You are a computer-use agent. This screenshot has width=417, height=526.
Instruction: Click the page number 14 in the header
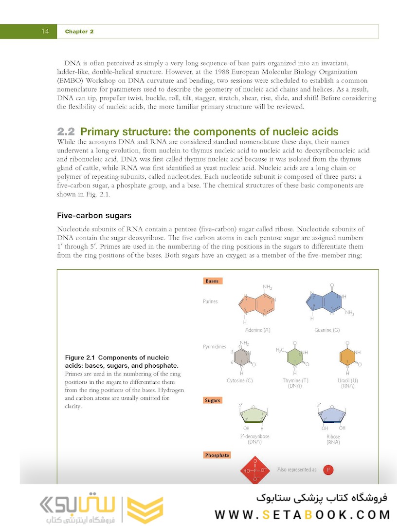point(45,32)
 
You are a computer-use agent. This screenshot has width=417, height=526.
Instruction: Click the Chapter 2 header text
point(79,32)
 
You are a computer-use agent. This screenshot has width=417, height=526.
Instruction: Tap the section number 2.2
point(66,132)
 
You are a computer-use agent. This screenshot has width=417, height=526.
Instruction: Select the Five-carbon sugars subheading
point(94,215)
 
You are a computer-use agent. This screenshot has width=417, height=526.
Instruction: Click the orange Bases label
point(212,281)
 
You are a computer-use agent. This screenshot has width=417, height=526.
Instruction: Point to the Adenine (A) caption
point(257,330)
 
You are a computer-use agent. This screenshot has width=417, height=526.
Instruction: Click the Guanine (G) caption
point(326,330)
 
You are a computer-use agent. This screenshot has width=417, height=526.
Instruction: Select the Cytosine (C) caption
point(239,380)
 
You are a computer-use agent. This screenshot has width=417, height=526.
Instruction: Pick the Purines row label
point(210,301)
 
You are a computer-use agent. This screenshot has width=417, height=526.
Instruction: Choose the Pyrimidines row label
point(215,347)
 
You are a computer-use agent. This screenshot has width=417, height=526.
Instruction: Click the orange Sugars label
point(213,400)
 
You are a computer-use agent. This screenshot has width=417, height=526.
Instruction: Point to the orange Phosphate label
point(217,455)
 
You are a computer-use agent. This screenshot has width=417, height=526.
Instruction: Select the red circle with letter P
point(328,470)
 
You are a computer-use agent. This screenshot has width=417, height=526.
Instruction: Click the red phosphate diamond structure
point(255,470)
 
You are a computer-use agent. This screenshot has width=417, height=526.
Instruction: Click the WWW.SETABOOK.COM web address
point(302,514)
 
